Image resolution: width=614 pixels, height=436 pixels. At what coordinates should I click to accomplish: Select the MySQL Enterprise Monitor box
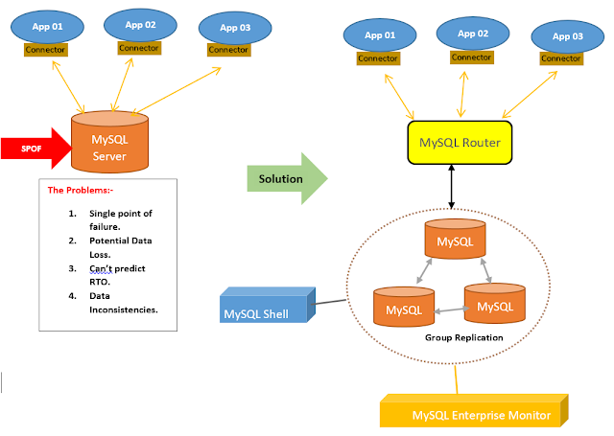[x=480, y=413]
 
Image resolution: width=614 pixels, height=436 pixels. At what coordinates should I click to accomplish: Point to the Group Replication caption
[x=464, y=338]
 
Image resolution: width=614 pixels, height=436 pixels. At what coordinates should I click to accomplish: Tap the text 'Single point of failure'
[x=121, y=218]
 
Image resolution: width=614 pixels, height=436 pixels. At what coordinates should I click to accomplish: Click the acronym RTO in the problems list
[x=100, y=284]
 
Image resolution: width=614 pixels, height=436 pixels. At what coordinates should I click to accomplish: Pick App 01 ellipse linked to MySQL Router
[x=379, y=35]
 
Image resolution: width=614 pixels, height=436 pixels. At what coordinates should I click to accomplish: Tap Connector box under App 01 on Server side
[x=45, y=49]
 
